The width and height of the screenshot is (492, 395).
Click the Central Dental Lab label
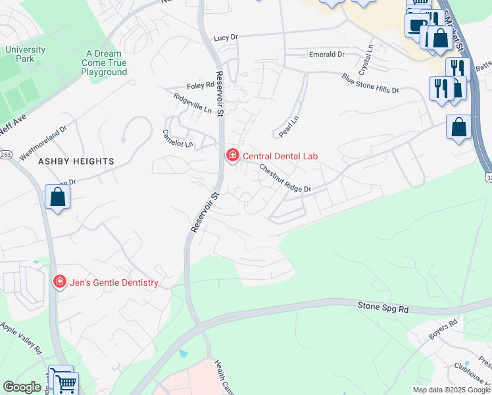(280, 156)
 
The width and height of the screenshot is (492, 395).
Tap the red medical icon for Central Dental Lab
(232, 156)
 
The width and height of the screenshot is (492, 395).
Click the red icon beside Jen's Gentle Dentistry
(59, 282)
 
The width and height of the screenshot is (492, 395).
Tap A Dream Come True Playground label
(104, 63)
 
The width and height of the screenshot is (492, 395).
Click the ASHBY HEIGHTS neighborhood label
(76, 161)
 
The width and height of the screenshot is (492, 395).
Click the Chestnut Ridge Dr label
(284, 178)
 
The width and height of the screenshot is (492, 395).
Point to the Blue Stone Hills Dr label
(370, 83)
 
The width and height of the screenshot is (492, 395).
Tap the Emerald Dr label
(327, 55)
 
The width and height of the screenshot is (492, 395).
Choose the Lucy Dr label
(225, 38)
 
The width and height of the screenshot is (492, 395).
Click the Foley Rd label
(201, 85)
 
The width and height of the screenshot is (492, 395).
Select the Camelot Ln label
(178, 138)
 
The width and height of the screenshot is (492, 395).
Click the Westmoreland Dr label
(43, 144)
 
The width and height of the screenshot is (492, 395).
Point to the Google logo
(22, 387)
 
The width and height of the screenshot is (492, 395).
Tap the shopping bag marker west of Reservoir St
(58, 197)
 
